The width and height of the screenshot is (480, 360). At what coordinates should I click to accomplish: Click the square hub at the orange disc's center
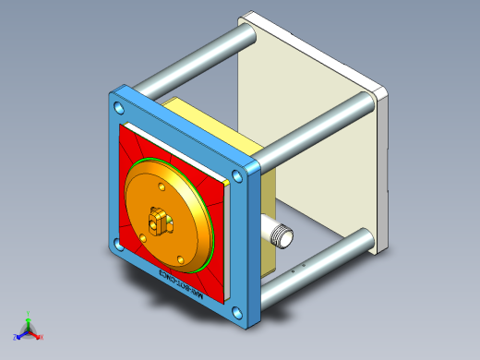coord(161,221)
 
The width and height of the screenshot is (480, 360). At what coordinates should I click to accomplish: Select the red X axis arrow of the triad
coord(39,336)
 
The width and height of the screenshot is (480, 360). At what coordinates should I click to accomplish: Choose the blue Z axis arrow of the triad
coord(18,335)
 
